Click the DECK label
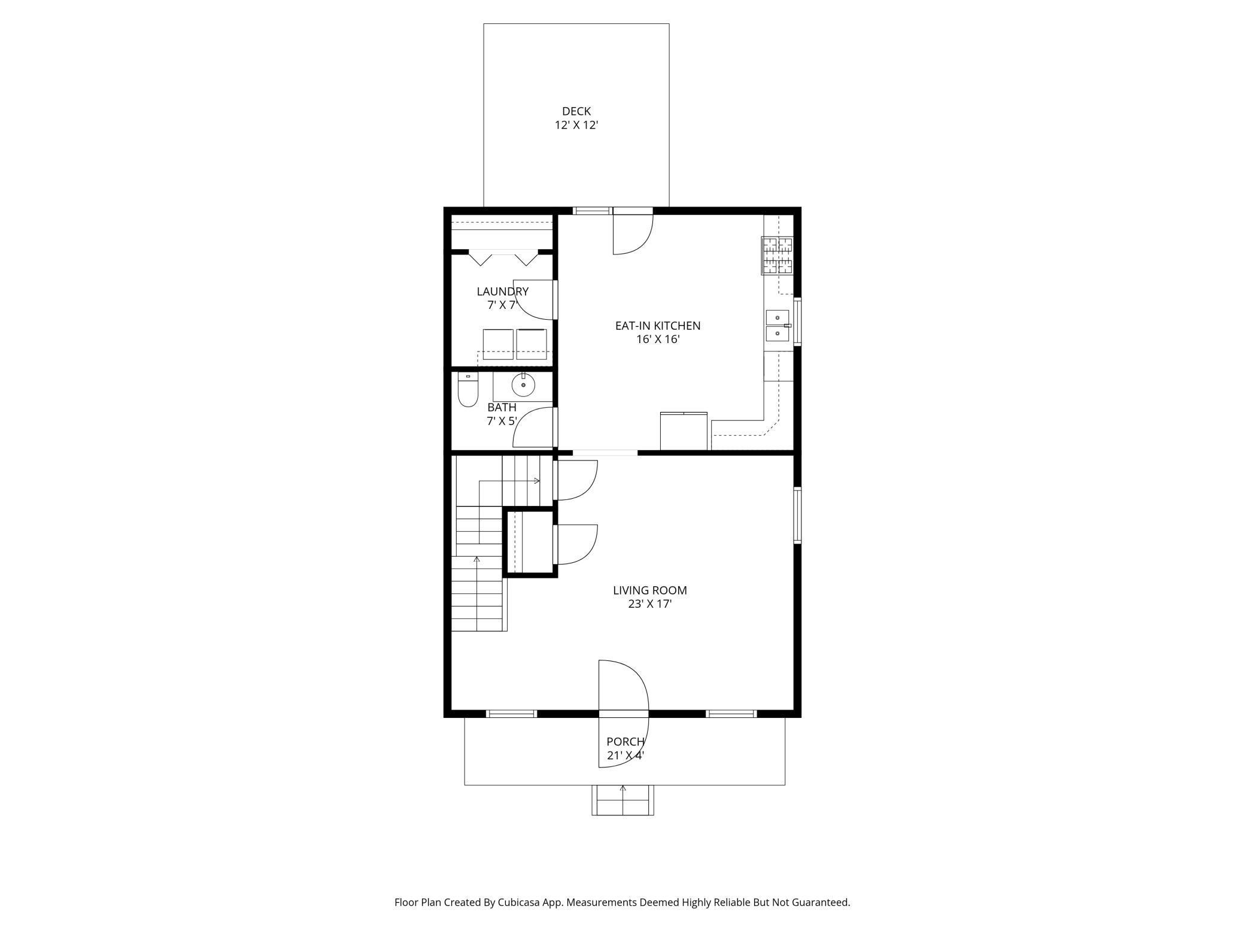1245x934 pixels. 576,111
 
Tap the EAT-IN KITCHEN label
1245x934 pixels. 658,326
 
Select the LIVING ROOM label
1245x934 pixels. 649,590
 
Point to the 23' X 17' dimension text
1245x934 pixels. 649,604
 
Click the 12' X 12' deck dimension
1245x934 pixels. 576,125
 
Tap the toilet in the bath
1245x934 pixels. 467,389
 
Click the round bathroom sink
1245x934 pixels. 523,386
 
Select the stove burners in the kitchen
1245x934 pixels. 777,256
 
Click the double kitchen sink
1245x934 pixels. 778,326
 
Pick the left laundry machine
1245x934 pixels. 498,344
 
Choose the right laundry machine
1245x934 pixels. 532,344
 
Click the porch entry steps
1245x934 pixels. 622,800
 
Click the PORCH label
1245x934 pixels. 625,742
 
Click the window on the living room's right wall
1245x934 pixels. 797,515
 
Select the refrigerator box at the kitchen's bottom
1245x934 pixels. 684,430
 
